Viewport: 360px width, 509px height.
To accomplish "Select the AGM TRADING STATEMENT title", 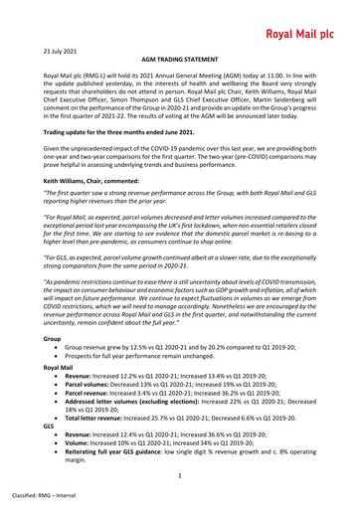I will [x=179, y=60].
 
